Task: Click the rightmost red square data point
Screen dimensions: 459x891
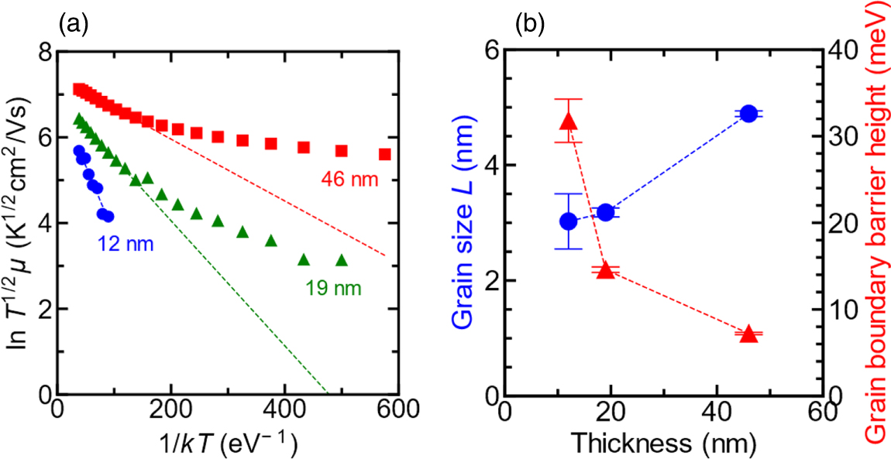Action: (384, 154)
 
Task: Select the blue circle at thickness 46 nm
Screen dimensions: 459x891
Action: (748, 114)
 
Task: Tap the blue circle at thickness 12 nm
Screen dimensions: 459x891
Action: (569, 221)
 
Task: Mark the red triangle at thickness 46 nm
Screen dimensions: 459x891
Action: (748, 334)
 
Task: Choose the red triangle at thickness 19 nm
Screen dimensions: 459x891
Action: (606, 270)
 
